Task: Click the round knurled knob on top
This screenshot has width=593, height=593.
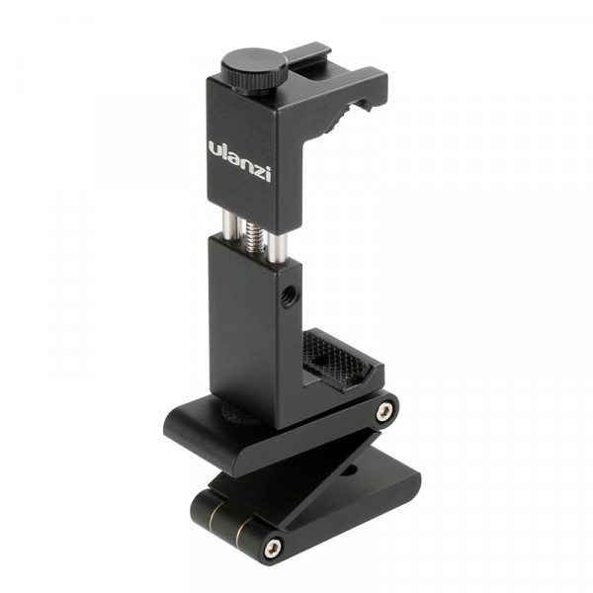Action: (x=254, y=68)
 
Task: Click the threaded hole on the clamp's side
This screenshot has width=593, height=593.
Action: (x=287, y=297)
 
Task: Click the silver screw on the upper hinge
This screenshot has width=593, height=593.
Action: (x=384, y=409)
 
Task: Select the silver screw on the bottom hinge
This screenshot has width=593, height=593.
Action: (x=272, y=546)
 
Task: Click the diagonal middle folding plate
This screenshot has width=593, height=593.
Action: (x=326, y=465)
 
